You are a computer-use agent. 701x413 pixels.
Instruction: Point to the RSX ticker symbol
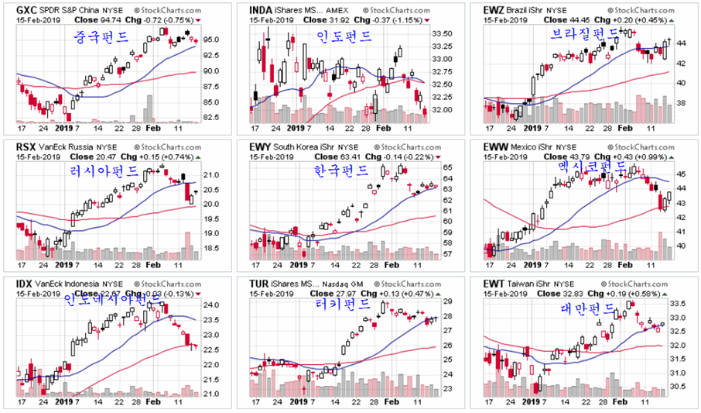(x=27, y=146)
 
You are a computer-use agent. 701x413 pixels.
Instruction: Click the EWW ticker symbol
(x=496, y=146)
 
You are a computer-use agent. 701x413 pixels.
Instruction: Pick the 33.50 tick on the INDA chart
(x=443, y=33)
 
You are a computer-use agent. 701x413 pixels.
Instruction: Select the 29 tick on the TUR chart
(x=448, y=302)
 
